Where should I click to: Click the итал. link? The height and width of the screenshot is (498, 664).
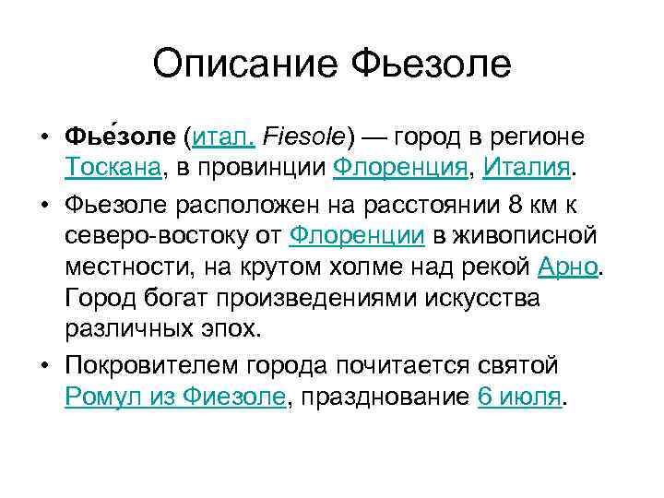(221, 136)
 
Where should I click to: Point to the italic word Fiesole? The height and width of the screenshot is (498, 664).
(303, 136)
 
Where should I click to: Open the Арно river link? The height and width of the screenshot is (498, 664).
(568, 267)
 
